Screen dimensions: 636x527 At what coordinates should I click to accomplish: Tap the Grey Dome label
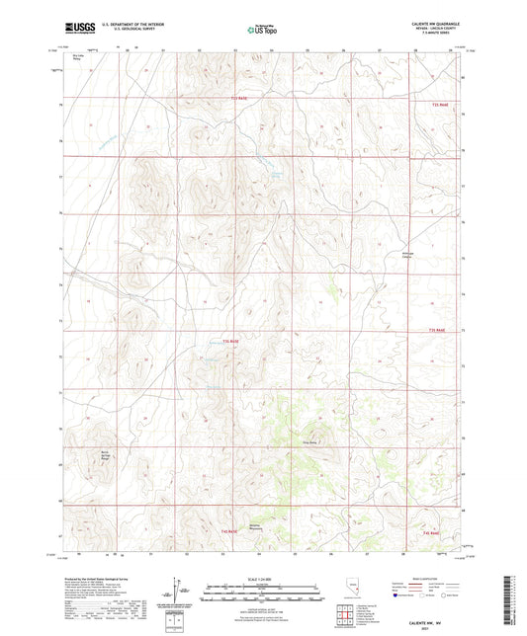click(x=309, y=441)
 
